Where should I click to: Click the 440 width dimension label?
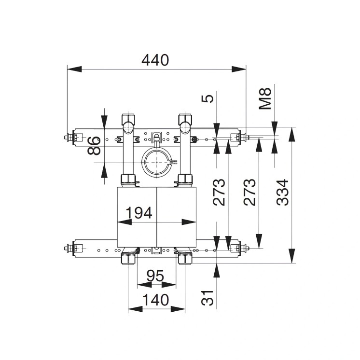click(155, 60)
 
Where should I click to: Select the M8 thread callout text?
click(266, 98)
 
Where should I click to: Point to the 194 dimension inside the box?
click(139, 212)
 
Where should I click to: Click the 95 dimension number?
click(155, 276)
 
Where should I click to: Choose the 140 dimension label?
click(155, 300)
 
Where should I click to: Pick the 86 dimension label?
click(95, 146)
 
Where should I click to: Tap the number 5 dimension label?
click(208, 98)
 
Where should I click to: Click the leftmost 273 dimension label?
click(220, 192)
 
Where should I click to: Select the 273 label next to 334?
click(250, 192)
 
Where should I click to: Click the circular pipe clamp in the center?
click(156, 163)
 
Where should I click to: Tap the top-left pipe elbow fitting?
click(128, 124)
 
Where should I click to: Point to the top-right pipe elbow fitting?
click(186, 124)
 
